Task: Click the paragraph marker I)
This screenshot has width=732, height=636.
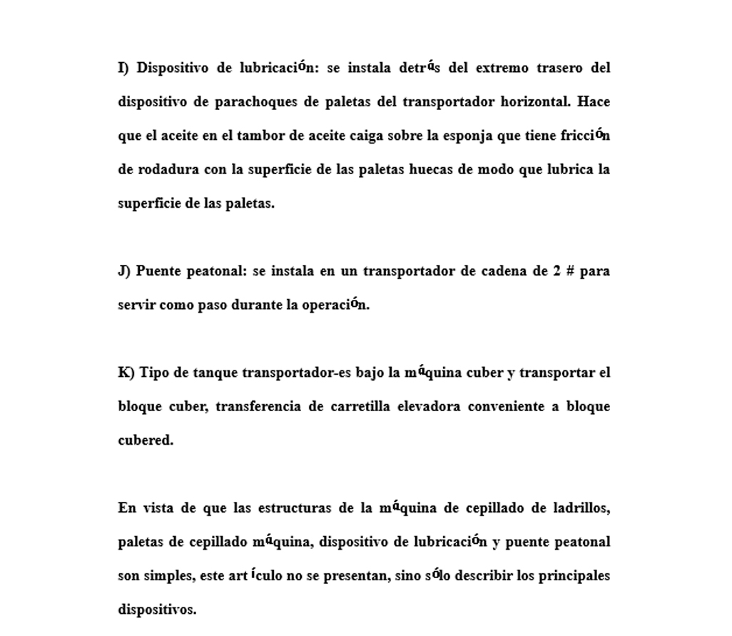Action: pos(124,69)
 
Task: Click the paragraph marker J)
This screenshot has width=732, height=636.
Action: pos(124,272)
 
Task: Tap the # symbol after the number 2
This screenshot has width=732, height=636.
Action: pos(569,272)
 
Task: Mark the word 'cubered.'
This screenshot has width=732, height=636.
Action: pos(146,440)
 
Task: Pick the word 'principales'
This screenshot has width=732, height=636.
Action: pos(573,576)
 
